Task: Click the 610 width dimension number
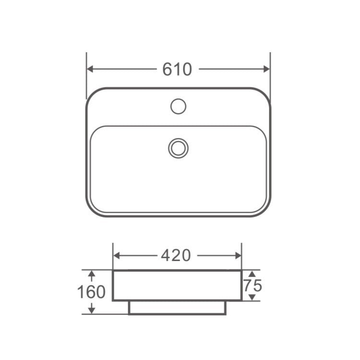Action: [177, 69]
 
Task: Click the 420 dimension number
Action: [176, 255]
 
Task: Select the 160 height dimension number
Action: [91, 292]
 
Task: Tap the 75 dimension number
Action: [252, 286]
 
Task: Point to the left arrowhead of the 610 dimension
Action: [90, 69]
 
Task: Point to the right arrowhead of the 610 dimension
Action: [267, 69]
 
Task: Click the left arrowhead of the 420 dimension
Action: [117, 255]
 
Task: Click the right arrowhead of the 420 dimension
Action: [238, 255]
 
